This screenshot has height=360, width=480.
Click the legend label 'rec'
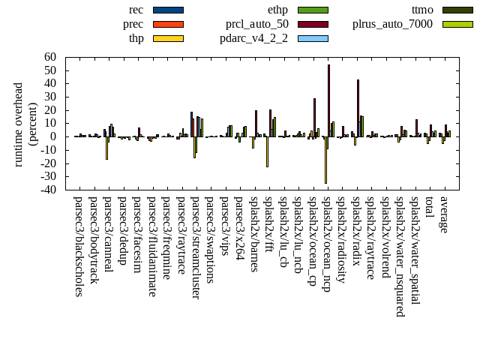(136, 10)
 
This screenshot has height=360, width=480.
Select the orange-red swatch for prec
(167, 24)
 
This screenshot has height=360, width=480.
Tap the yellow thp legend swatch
(167, 38)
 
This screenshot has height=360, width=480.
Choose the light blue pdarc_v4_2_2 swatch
(313, 38)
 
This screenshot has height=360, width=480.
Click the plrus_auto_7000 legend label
(392, 24)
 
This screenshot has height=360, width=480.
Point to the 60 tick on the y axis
(50, 57)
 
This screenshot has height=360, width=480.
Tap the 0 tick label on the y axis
(53, 136)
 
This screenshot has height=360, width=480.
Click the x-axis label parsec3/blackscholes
(79, 246)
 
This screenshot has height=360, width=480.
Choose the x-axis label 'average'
(444, 214)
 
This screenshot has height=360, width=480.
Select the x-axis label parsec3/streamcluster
(196, 247)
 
